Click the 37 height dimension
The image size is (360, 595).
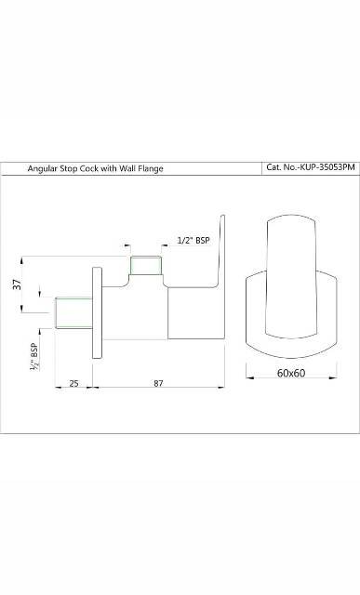point(17,284)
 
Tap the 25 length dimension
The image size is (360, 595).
point(74,383)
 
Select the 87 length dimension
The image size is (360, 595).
point(158,383)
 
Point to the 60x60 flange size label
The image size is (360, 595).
point(291,373)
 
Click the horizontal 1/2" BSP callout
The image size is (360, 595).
point(193,240)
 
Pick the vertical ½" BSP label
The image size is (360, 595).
point(34,357)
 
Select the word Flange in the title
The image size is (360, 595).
point(151,168)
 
